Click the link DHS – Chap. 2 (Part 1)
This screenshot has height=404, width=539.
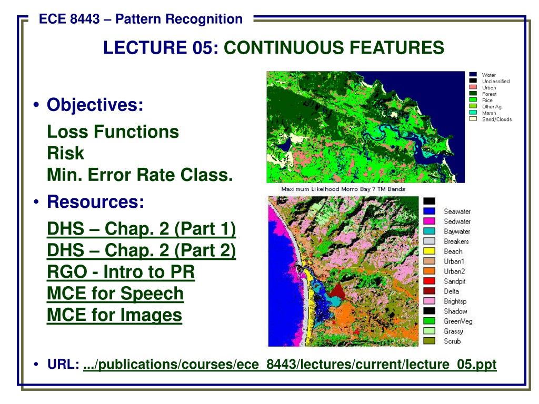tap(141, 229)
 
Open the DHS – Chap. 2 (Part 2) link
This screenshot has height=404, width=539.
tap(141, 250)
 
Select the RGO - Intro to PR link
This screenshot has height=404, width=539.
tap(121, 272)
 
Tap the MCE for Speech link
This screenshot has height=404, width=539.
tap(115, 294)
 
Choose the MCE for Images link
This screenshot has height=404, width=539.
tap(114, 315)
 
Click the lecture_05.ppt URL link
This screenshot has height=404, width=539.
tap(290, 365)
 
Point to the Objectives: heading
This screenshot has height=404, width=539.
tap(95, 105)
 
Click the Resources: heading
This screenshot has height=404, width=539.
tap(96, 201)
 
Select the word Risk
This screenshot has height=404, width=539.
tap(65, 153)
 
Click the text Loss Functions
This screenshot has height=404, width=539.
tap(113, 132)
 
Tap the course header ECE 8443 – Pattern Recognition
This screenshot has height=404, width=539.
tap(141, 19)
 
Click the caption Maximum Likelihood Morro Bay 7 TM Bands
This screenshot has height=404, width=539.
tap(343, 189)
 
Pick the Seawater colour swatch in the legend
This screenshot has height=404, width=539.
tap(429, 211)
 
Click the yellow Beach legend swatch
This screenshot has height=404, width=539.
tap(429, 251)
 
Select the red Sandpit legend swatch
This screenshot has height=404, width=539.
tap(429, 281)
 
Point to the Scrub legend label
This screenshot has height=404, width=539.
tap(452, 341)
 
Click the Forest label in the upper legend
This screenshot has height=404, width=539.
tap(489, 94)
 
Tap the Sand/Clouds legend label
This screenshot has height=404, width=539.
tap(497, 119)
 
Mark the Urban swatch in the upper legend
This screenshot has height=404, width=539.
tap(473, 87)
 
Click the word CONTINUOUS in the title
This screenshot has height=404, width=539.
tap(284, 47)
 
